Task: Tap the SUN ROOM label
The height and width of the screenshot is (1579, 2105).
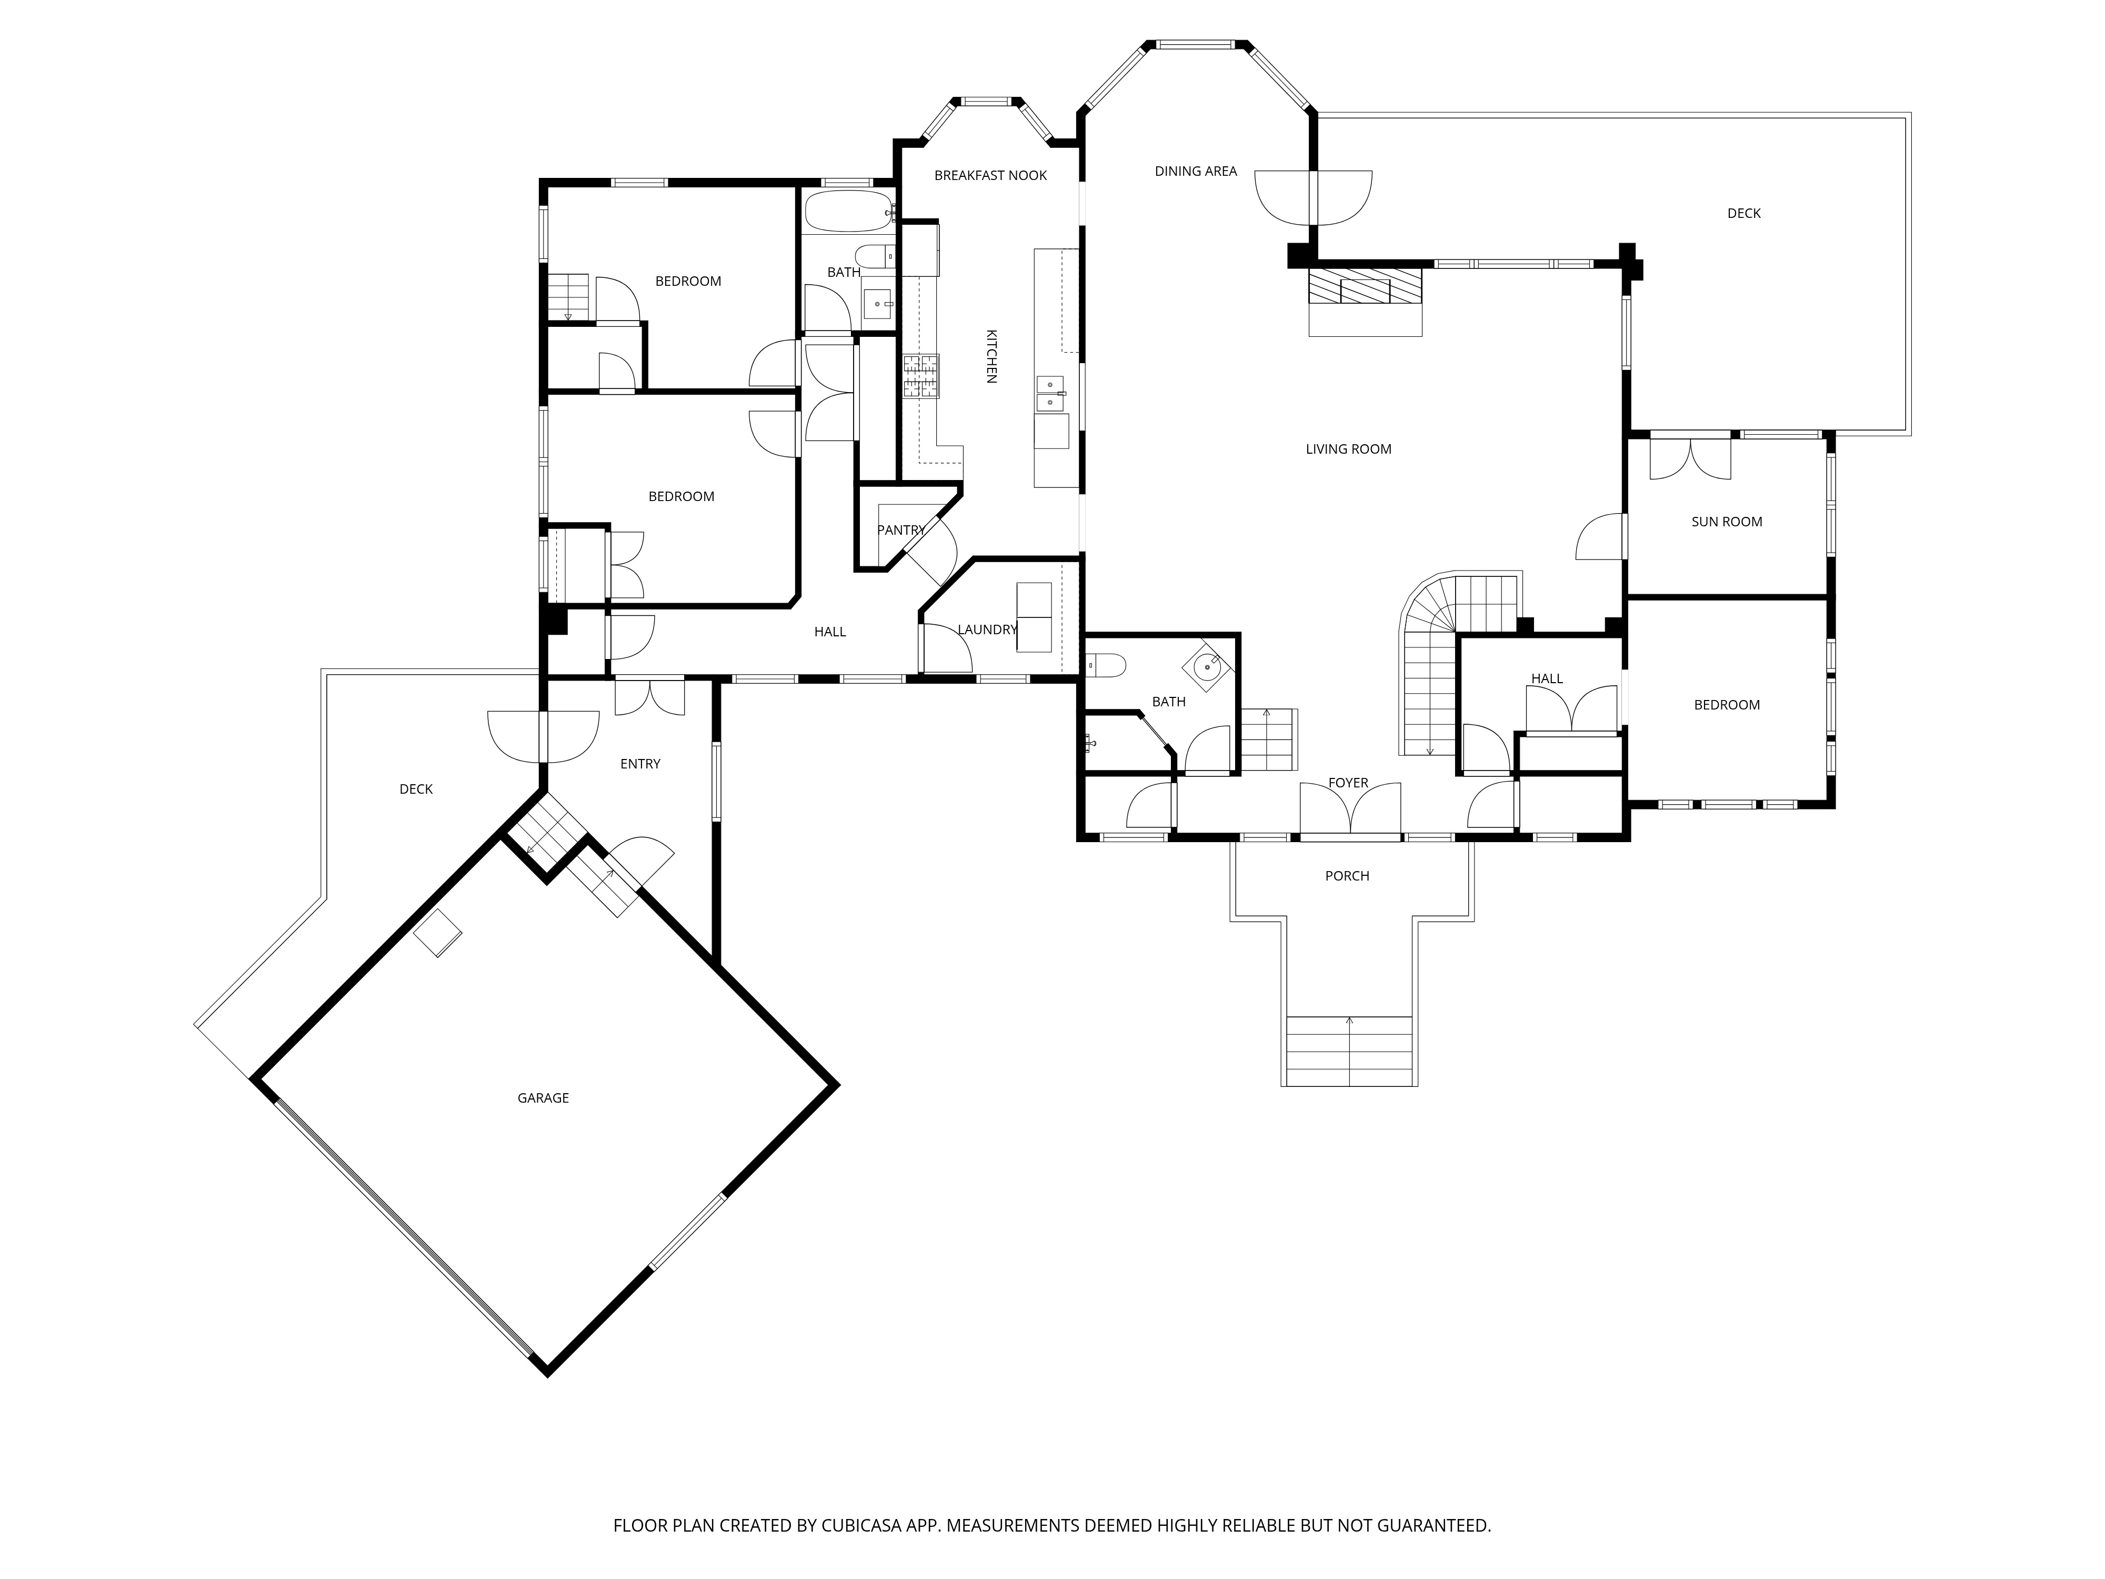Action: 1726,522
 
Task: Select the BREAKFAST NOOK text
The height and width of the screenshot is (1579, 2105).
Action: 990,175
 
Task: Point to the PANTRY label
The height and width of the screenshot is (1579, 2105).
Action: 900,530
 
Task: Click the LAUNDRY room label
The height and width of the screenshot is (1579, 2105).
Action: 987,629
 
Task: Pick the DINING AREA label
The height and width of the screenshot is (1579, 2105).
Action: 1195,171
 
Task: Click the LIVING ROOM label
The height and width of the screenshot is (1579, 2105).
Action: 1348,449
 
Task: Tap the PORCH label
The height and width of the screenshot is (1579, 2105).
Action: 1347,876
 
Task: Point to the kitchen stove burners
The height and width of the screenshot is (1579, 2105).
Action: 920,375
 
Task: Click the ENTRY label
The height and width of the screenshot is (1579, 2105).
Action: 639,763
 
